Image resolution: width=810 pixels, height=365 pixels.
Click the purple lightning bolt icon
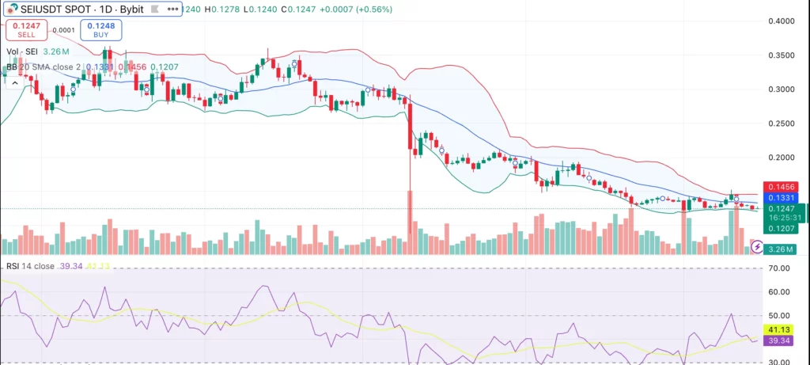point(757,246)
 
